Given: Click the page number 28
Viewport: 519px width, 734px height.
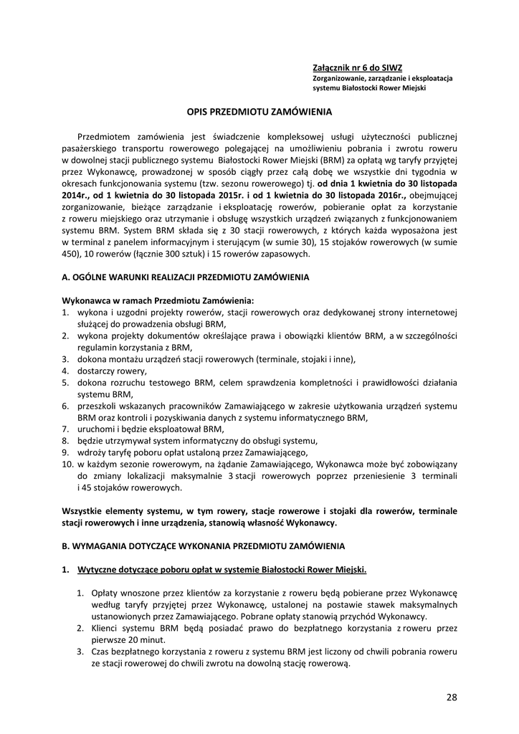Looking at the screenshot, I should (x=451, y=697).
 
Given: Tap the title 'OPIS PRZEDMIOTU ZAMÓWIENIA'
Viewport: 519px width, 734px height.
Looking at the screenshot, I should (x=259, y=112).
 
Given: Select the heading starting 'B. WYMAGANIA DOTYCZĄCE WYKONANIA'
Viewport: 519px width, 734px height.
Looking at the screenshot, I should (x=204, y=545).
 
